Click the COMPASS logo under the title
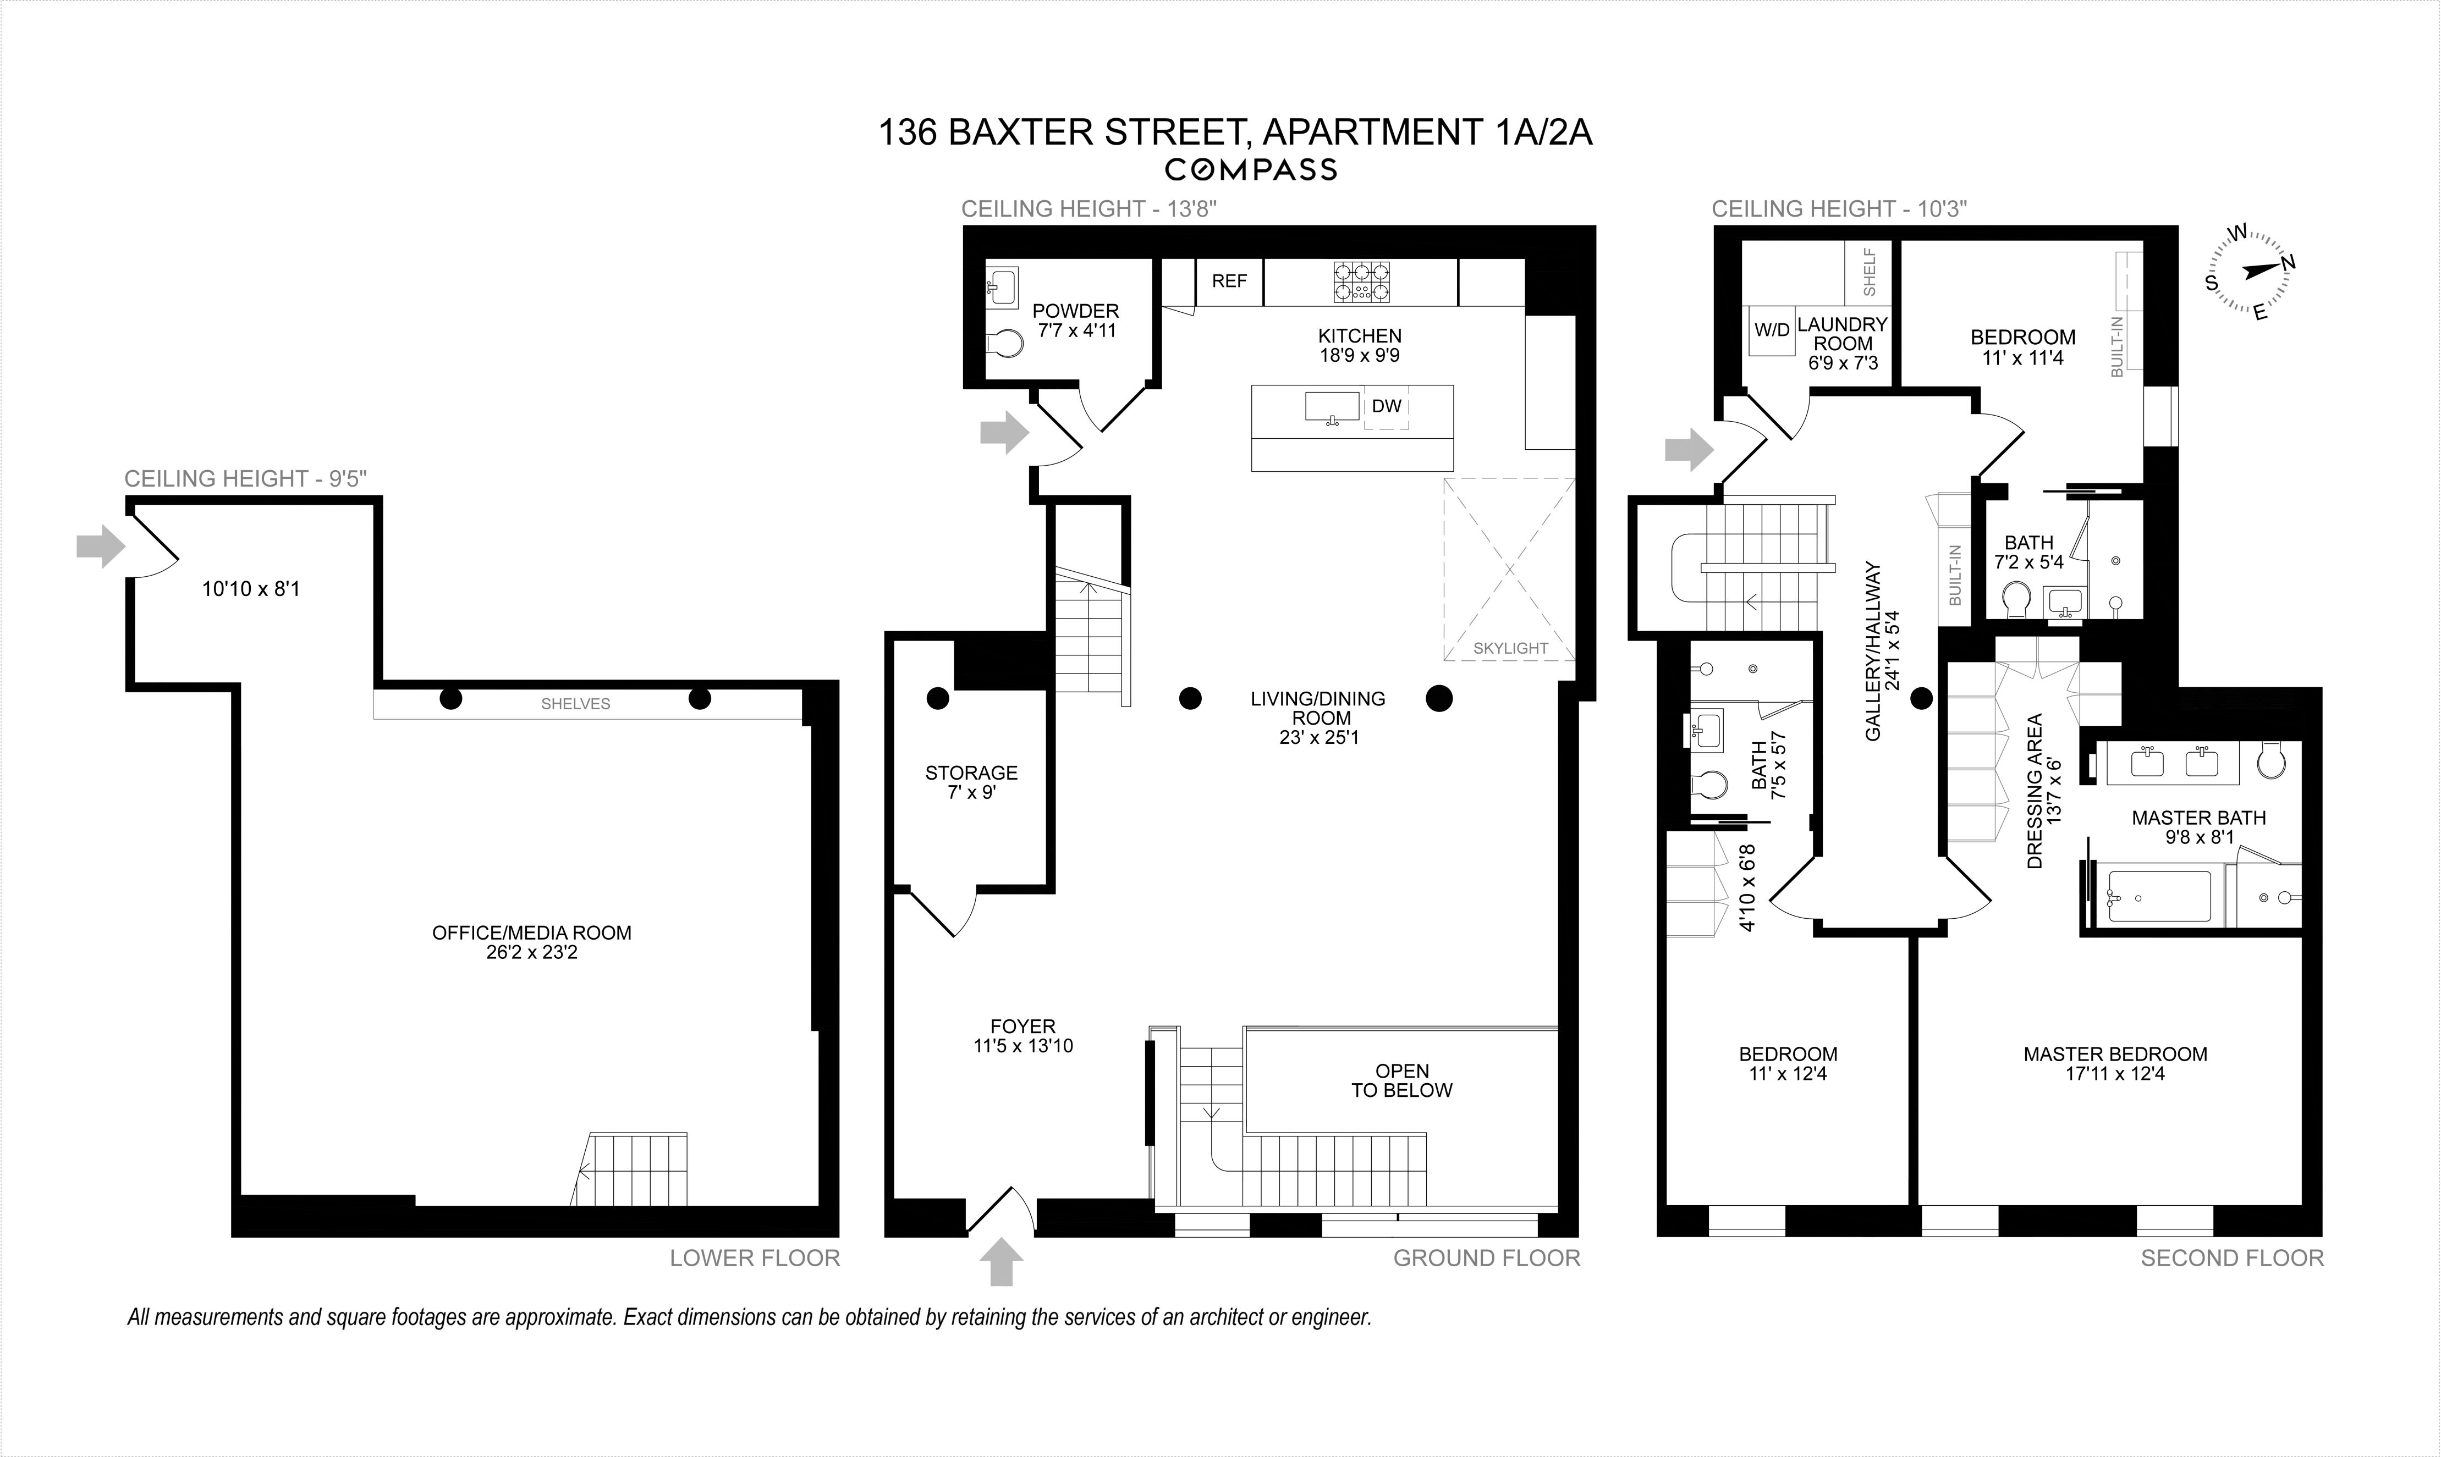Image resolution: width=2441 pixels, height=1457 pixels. tap(1250, 170)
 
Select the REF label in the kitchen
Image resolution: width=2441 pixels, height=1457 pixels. tap(1228, 282)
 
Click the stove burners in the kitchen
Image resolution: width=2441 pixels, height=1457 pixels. tap(1361, 282)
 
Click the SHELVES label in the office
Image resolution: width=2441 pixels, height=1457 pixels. tap(575, 704)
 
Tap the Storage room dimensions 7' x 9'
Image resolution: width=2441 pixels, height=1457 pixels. tap(971, 792)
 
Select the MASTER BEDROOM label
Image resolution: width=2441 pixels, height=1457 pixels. tap(2115, 1055)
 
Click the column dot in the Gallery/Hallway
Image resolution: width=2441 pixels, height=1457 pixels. tap(1922, 699)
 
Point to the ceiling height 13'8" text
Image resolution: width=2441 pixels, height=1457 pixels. tap(1089, 209)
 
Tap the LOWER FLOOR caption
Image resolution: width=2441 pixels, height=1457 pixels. tap(754, 1259)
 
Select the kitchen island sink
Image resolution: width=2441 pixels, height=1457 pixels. tap(1332, 406)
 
